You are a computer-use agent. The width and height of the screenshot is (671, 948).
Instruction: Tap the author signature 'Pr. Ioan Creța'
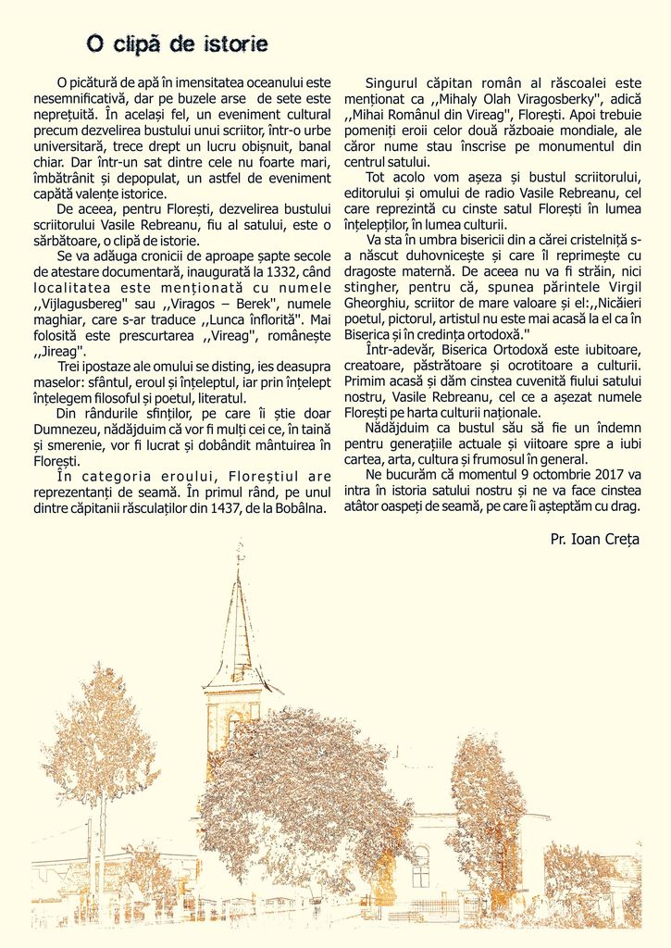point(594,539)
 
